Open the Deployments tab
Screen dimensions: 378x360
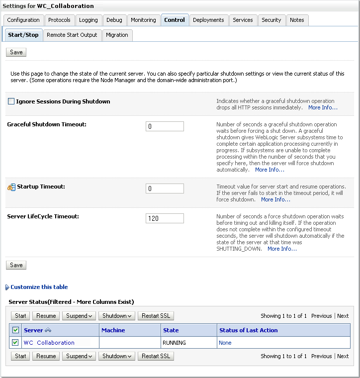point(208,20)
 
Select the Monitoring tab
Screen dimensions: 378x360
point(143,20)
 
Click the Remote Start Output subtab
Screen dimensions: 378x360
point(72,35)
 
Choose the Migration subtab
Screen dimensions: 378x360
point(117,35)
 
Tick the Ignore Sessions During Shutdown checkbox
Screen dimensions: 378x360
point(11,101)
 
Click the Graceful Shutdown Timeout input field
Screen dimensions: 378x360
point(165,126)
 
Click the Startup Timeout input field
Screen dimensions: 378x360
point(165,189)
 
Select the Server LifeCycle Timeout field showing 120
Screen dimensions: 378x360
point(165,218)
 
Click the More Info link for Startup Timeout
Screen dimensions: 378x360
point(275,199)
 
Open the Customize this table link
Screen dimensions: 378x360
point(39,287)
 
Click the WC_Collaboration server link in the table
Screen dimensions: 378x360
point(49,343)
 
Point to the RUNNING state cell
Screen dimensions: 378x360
point(174,343)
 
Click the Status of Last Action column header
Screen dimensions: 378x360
point(248,330)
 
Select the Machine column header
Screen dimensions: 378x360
point(113,330)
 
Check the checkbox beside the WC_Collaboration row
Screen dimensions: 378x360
point(15,342)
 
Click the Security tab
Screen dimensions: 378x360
point(271,20)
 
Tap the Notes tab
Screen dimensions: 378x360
point(297,20)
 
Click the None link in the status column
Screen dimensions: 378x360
point(225,343)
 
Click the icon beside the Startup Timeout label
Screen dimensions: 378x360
point(11,187)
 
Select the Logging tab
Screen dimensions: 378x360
point(89,20)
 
